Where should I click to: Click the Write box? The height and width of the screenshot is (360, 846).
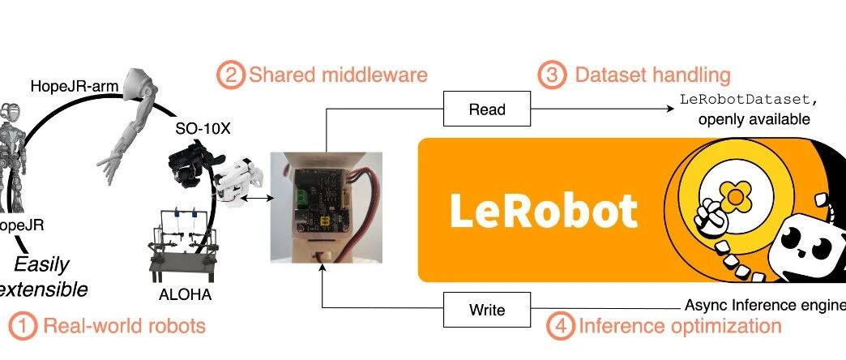tap(486, 310)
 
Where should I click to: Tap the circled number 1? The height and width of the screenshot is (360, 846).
tap(23, 327)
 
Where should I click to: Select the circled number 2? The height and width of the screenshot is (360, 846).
tap(229, 76)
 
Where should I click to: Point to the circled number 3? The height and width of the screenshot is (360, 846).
tap(552, 76)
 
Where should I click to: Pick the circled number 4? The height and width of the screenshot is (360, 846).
tap(560, 327)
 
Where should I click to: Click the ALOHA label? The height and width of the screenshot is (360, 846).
tap(186, 294)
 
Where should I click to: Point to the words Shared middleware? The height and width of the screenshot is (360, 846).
tap(338, 76)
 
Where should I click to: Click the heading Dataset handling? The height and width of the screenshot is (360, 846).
tap(652, 76)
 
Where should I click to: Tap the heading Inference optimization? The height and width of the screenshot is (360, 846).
tap(679, 327)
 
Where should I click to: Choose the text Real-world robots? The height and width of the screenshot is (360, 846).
tap(124, 327)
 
